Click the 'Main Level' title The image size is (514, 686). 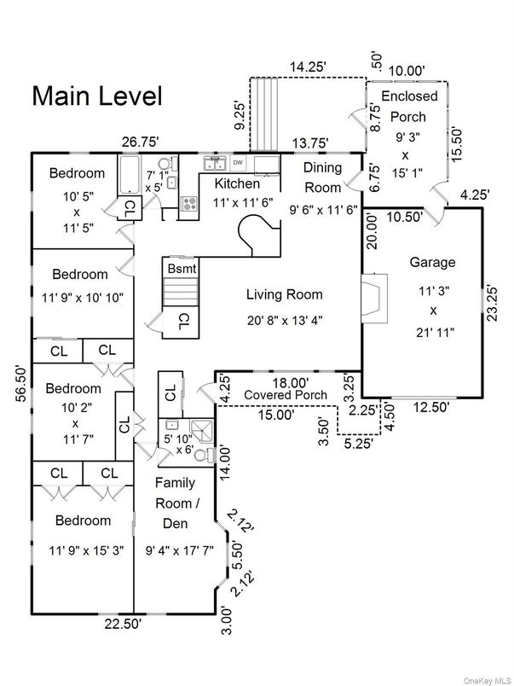96,96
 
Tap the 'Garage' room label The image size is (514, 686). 432,262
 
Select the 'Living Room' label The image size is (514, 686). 285,295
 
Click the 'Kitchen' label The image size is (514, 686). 237,183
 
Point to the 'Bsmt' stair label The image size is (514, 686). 181,268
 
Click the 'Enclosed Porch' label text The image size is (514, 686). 408,106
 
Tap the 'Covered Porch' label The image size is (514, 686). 286,395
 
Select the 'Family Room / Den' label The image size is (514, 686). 180,503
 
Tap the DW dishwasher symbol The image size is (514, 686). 238,162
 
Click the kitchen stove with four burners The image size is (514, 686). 189,203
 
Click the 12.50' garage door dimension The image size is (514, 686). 431,407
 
